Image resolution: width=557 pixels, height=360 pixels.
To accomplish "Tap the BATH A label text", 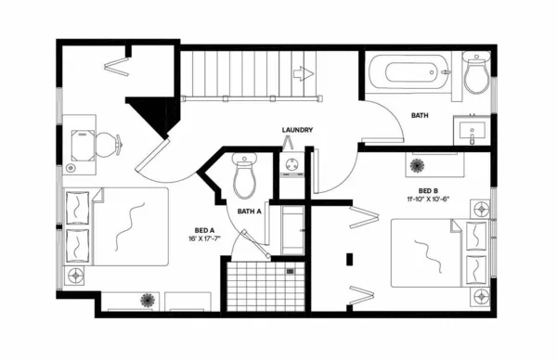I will pos(250,211).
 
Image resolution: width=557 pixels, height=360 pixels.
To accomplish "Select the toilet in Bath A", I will pos(244,176).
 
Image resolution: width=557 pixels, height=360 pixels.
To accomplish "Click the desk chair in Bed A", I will pos(107,144).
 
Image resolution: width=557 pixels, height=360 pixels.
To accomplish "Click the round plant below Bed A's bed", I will pos(147,300).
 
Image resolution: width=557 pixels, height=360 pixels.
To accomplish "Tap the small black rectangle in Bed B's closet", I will pos(350,260).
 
